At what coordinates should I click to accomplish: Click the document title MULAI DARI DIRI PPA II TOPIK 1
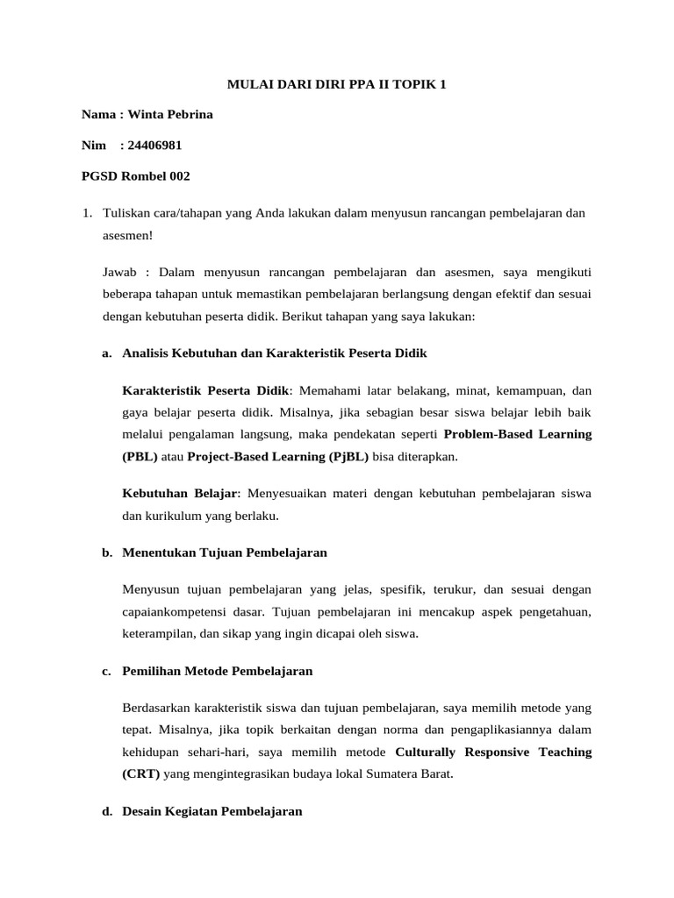pos(337,85)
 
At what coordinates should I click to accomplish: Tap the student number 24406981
pos(154,145)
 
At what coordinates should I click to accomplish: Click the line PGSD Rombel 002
pos(135,175)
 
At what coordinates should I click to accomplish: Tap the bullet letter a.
pos(106,353)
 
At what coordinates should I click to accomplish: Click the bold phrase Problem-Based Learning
pos(518,433)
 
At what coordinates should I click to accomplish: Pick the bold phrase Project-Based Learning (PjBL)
pos(278,456)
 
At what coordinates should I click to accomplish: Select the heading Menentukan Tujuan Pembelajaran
pos(225,552)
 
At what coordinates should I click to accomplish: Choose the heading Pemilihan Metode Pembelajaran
pos(218,671)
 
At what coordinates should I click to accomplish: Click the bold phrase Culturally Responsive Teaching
pos(493,752)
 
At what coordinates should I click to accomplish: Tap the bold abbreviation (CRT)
pos(141,774)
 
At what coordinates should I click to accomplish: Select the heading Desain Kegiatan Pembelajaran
pos(212,811)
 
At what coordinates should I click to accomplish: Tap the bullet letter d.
pos(106,811)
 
